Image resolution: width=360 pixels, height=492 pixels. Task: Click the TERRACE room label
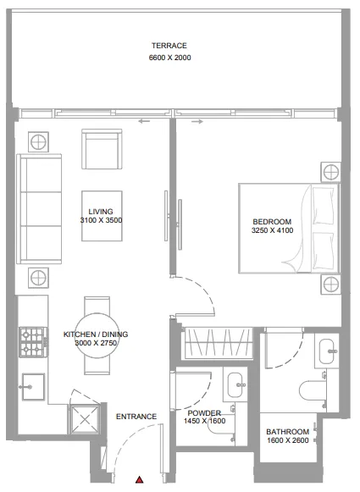pyautogui.click(x=169, y=46)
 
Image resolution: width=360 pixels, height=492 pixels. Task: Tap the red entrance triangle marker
pyautogui.click(x=139, y=481)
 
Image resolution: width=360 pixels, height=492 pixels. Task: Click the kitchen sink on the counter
pyautogui.click(x=33, y=384)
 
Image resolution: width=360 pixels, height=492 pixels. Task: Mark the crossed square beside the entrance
pyautogui.click(x=85, y=417)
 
